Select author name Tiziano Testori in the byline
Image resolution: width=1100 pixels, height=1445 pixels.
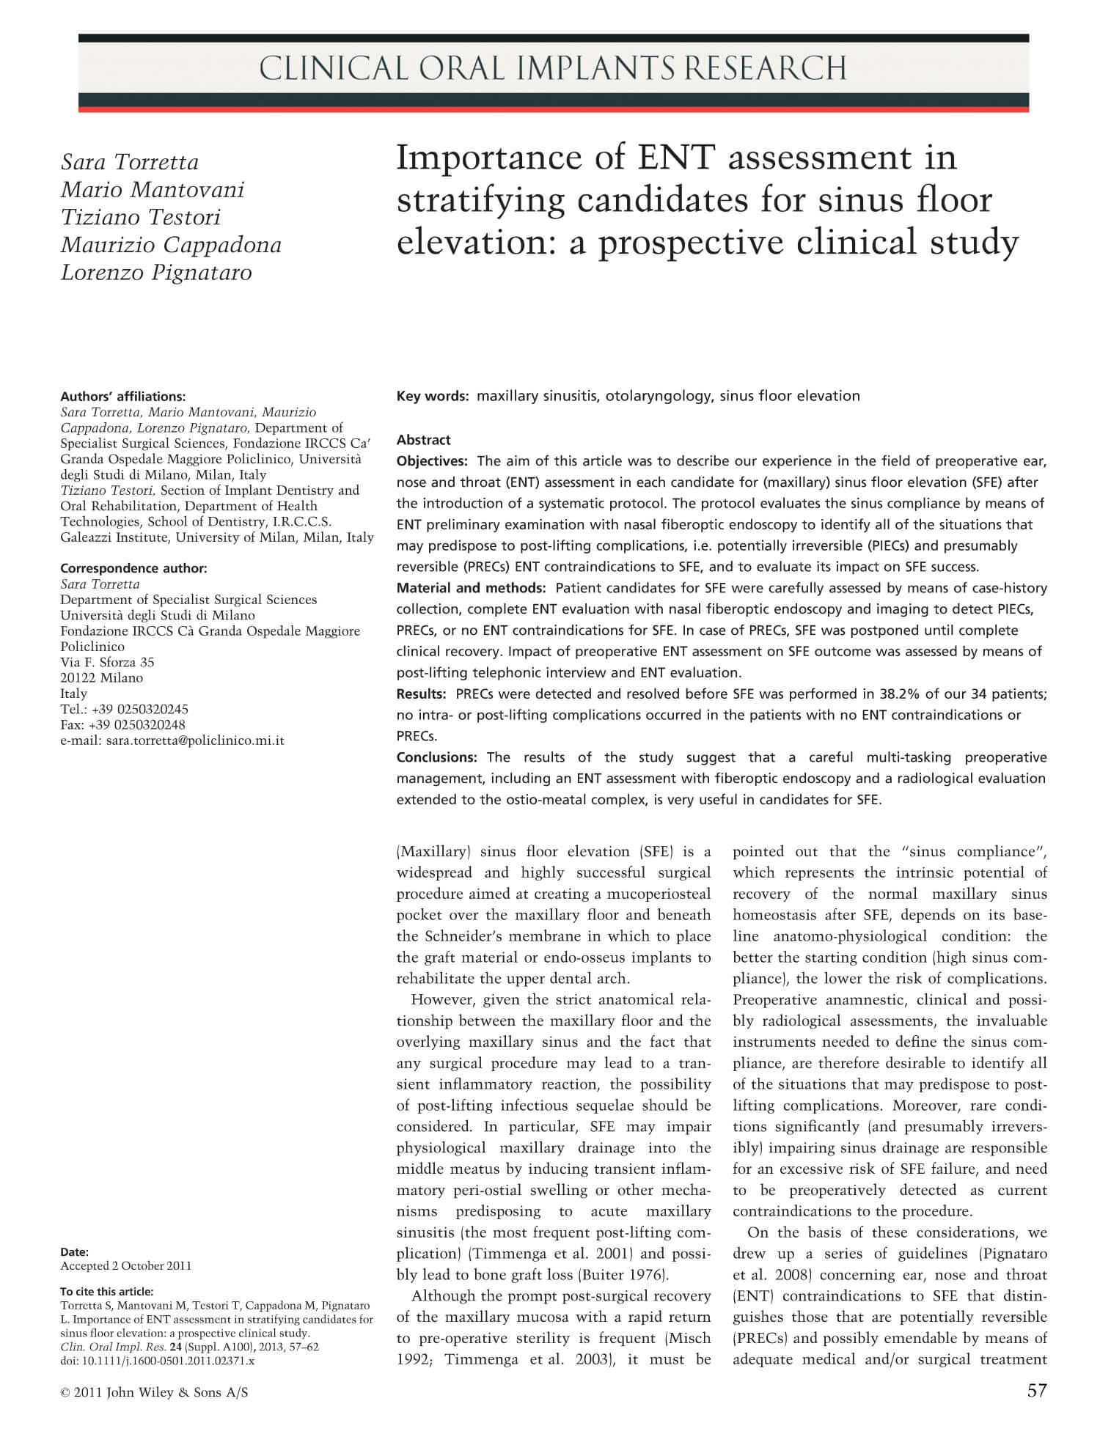pos(140,217)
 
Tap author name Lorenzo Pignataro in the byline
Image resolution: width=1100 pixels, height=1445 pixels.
pos(156,272)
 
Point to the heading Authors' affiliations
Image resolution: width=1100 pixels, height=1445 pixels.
pos(122,397)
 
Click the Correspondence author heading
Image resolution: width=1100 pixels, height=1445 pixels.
pos(133,568)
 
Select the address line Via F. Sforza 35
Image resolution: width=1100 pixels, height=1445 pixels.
pos(107,662)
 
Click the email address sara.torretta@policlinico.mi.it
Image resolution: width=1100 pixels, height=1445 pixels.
pos(194,740)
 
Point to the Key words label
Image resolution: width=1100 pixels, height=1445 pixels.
pos(432,396)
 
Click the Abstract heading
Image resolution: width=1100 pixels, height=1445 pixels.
pos(423,440)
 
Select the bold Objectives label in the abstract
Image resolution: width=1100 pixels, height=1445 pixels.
pos(432,461)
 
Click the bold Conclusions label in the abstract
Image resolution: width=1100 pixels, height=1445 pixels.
pos(436,757)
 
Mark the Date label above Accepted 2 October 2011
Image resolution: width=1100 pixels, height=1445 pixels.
pos(74,1251)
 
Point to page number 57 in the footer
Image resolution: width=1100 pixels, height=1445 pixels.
pos(1037,1391)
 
